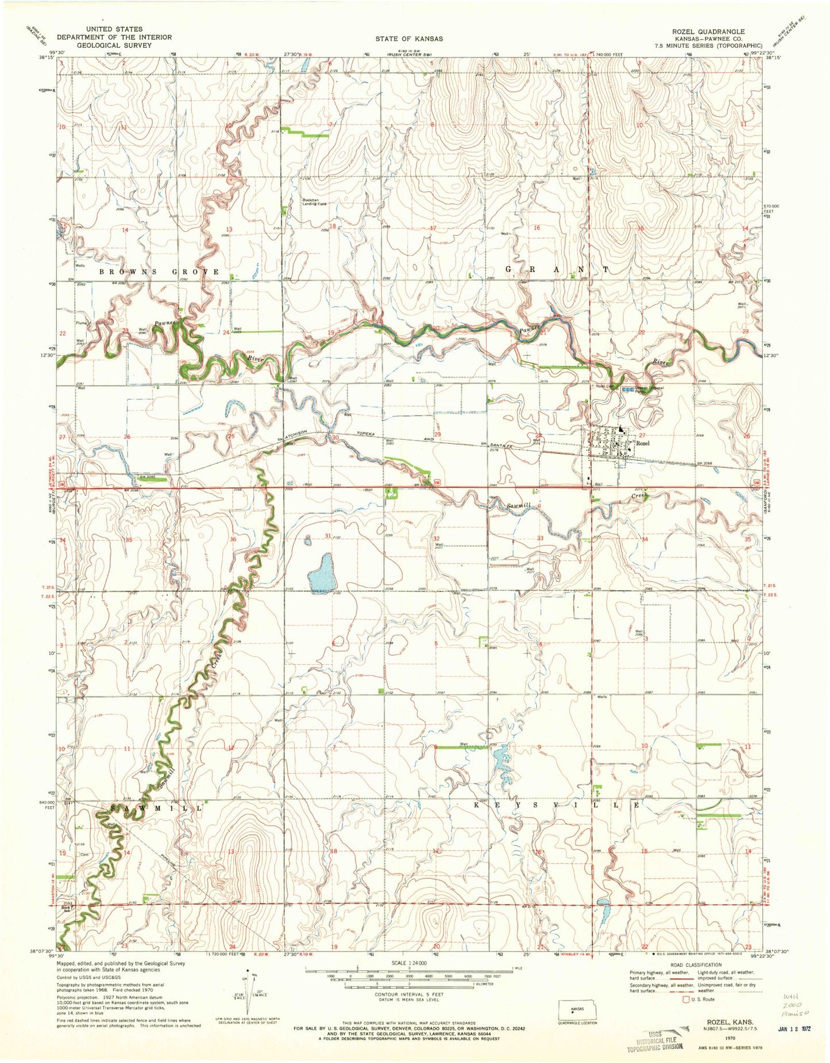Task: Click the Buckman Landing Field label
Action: pos(314,202)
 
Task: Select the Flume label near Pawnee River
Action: pos(81,323)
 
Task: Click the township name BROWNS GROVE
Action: pos(159,272)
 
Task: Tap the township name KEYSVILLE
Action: pos(558,806)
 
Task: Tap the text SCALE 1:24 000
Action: pos(409,963)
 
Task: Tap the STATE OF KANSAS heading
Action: pos(409,38)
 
